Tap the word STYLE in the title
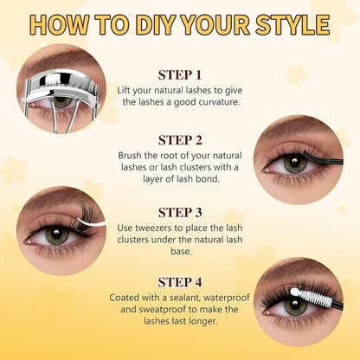[x=292, y=24]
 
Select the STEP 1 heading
[x=180, y=75]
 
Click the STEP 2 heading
[x=180, y=140]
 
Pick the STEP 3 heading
[x=180, y=213]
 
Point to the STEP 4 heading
[x=180, y=282]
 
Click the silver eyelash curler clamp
[x=61, y=87]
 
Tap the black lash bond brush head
[x=314, y=157]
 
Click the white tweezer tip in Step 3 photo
[x=91, y=222]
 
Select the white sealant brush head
[x=311, y=297]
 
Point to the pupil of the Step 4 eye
[x=295, y=306]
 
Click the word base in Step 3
[x=181, y=251]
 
